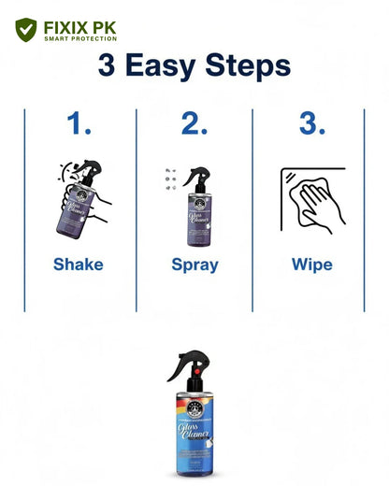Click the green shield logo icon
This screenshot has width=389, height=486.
[26, 30]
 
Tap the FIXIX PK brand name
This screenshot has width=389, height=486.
[80, 25]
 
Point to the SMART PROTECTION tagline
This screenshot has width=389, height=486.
[80, 39]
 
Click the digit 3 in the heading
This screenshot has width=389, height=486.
[108, 67]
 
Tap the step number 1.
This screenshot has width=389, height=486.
[79, 125]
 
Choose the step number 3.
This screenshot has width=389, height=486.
[311, 125]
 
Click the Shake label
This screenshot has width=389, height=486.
[79, 264]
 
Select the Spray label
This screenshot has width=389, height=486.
[194, 264]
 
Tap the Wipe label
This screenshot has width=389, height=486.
[311, 264]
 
